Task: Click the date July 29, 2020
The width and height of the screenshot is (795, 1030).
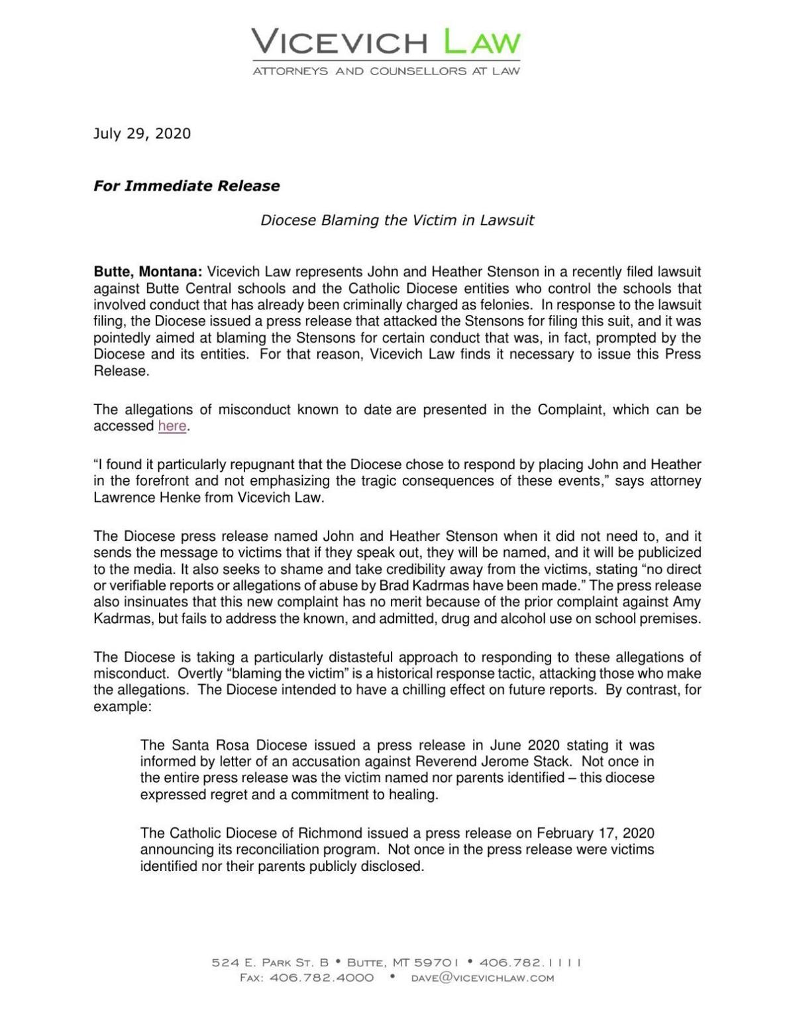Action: coord(142,133)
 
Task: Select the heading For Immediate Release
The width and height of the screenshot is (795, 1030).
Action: coord(186,186)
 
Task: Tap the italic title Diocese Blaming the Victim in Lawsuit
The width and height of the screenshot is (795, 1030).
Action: coord(397,220)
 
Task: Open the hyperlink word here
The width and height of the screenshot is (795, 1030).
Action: coord(172,426)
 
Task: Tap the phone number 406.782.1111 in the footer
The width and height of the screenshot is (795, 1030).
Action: coord(530,962)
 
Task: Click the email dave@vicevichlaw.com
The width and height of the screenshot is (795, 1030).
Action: coord(482,978)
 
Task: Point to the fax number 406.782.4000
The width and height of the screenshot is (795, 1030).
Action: coord(322,978)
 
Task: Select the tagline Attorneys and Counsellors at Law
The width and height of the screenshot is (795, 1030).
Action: coord(386,71)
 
